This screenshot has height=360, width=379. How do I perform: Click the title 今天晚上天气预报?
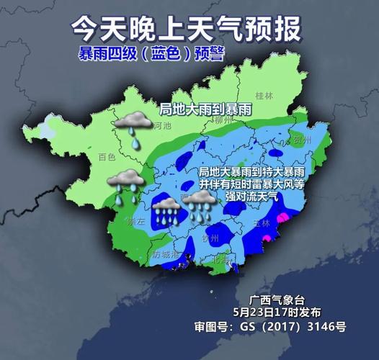[x=187, y=28]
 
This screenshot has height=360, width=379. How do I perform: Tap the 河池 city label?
[x=163, y=125]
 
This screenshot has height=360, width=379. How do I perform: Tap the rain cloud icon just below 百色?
[x=125, y=182]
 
